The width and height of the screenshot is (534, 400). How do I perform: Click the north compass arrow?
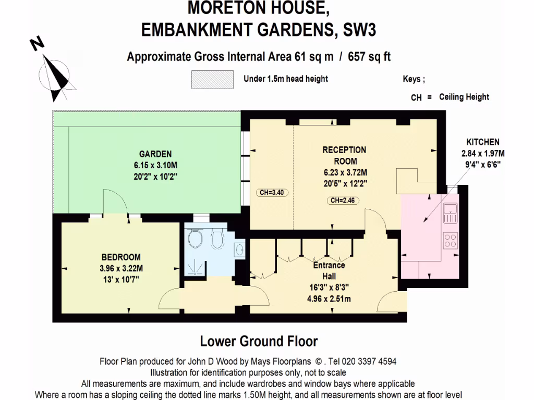click(x=55, y=73)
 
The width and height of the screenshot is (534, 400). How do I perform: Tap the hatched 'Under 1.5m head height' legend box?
click(x=212, y=80)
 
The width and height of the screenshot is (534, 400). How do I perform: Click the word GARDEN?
click(x=155, y=154)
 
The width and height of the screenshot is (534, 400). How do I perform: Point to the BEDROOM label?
click(x=121, y=257)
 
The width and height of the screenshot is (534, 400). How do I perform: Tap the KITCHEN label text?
click(x=482, y=142)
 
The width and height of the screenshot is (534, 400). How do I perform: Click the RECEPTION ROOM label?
click(x=344, y=155)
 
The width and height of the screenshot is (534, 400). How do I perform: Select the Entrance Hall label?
click(x=329, y=269)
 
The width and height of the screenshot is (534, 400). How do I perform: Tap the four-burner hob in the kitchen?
click(x=450, y=240)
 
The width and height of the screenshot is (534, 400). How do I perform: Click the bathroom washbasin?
click(x=239, y=249)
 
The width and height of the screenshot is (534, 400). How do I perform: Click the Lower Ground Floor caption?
click(x=259, y=342)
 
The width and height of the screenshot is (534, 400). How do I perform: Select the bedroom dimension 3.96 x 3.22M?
click(x=121, y=269)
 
